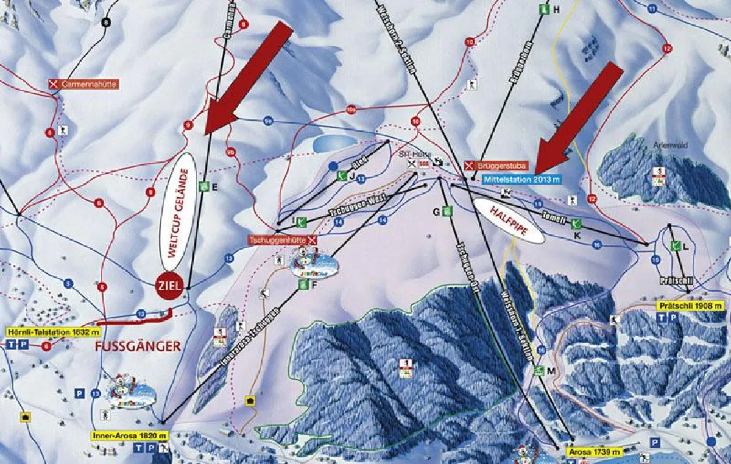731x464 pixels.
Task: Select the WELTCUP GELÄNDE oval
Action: [x=177, y=211]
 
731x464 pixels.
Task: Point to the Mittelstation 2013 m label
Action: [x=522, y=179]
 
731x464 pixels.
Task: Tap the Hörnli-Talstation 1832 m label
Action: [x=52, y=332]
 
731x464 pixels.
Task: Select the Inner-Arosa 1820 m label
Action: [x=130, y=435]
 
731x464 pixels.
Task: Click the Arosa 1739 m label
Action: [x=595, y=452]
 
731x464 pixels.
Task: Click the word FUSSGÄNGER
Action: [x=138, y=346]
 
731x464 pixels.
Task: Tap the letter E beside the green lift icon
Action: [x=214, y=187]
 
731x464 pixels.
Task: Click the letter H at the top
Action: [x=556, y=9]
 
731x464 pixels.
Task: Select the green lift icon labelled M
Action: [x=539, y=371]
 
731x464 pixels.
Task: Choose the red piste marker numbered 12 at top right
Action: [x=667, y=48]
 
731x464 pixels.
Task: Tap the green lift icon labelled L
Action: [x=674, y=246]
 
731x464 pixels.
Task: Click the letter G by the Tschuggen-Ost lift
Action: [x=436, y=211]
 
